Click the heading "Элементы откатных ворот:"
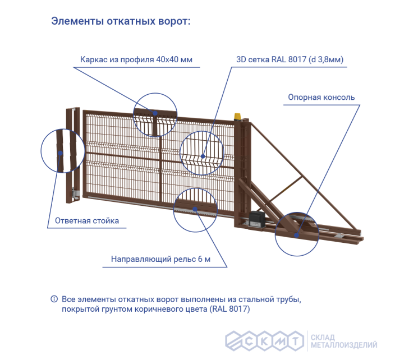point(121,22)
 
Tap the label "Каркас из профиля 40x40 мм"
point(136,59)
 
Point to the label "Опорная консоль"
point(321,97)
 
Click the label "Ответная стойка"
point(87,220)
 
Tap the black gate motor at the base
point(259,218)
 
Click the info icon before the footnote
point(54,298)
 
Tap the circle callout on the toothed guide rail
point(195,209)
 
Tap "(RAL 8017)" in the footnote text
point(229,309)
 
